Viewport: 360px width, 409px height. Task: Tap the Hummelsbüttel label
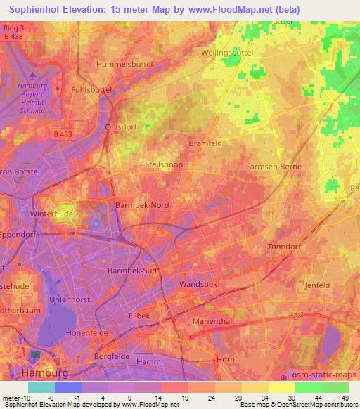(108, 63)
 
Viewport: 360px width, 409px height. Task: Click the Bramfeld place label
(205, 143)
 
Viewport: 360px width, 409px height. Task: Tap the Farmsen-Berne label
(274, 167)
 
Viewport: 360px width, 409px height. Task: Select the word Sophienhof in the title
(41, 9)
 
